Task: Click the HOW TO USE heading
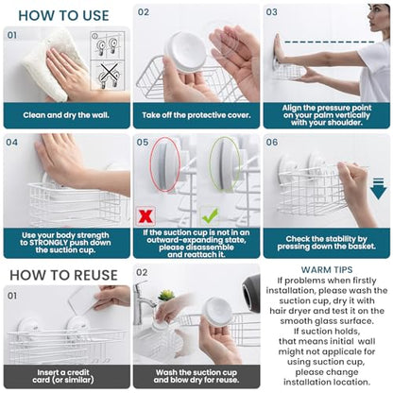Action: pyautogui.click(x=63, y=16)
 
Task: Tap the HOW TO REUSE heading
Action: pyautogui.click(x=63, y=275)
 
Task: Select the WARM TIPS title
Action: pyautogui.click(x=327, y=270)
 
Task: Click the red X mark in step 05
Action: pyautogui.click(x=145, y=216)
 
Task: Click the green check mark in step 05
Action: pyautogui.click(x=210, y=215)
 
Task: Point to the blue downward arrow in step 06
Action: pyautogui.click(x=378, y=189)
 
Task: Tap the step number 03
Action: pyautogui.click(x=271, y=12)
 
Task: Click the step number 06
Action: pyautogui.click(x=272, y=143)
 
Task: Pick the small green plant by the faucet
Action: pyautogui.click(x=166, y=296)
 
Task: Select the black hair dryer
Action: pyautogui.click(x=251, y=293)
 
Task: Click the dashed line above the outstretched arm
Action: pyautogui.click(x=329, y=42)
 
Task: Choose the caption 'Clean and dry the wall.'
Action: pyautogui.click(x=66, y=115)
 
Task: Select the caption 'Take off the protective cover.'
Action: pyautogui.click(x=196, y=115)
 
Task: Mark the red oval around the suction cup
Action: pyautogui.click(x=165, y=164)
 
